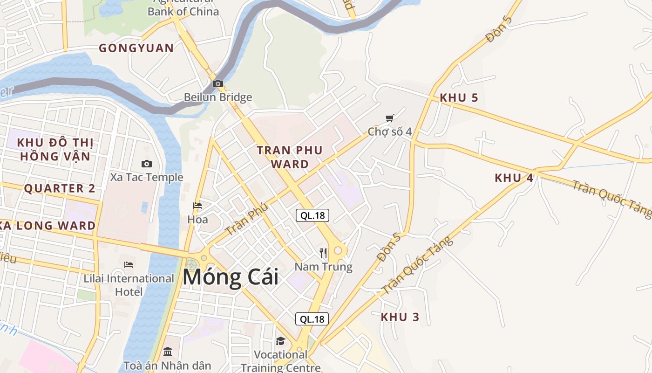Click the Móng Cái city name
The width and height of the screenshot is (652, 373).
pos(231,277)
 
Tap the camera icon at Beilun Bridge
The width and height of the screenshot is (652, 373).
pos(217,84)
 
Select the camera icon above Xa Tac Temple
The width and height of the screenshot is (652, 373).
pos(146,164)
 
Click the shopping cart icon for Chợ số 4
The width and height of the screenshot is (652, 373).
pos(389,118)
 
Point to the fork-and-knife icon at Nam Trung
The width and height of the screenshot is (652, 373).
pos(323,253)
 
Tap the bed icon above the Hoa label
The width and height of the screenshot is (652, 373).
pos(197,206)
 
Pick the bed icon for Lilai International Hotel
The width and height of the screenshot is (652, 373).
pos(129,265)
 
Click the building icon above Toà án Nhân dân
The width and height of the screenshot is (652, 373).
pos(168,352)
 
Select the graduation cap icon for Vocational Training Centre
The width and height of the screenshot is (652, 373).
pos(280,341)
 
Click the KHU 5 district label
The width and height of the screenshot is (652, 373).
pos(459,98)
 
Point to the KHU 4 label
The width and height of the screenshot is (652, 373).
pos(514,178)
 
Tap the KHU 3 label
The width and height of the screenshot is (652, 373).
pos(400,317)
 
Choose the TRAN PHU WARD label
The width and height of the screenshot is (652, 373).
pos(290,157)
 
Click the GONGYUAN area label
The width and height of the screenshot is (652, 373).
pos(136,48)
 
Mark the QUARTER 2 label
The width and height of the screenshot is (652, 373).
pos(59,188)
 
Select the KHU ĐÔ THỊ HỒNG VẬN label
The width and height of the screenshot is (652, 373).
pos(55,149)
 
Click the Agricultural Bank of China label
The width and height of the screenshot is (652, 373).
pos(183,8)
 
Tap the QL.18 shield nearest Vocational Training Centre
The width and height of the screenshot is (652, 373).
pos(312,319)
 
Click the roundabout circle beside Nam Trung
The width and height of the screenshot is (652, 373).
pos(338,251)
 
